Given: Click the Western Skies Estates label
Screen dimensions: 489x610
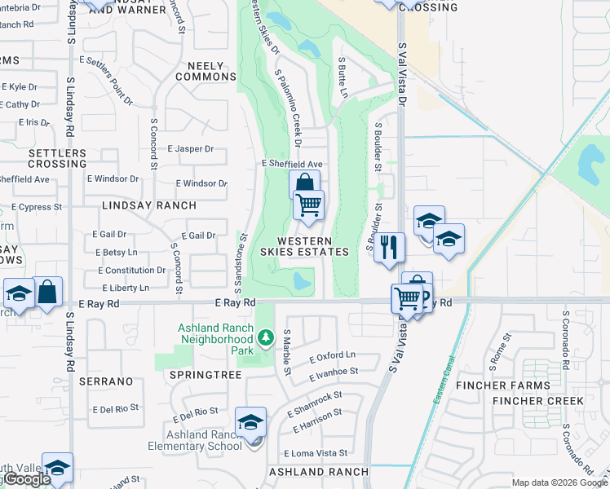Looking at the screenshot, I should [316, 246].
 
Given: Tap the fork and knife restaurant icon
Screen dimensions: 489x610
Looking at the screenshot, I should [390, 246].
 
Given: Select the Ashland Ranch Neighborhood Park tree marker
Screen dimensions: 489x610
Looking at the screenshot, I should [264, 337].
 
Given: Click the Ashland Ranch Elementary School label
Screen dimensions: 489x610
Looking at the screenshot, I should [195, 440].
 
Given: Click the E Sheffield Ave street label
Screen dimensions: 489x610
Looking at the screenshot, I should [293, 164].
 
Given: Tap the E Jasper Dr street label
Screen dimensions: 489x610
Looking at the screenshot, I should [190, 149].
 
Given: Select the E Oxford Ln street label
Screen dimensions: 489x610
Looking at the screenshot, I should [333, 355].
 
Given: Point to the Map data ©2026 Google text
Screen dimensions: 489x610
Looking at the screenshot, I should [559, 482].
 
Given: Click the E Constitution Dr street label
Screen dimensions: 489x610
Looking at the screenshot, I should [132, 271].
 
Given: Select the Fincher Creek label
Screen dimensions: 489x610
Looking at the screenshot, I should [537, 401].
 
